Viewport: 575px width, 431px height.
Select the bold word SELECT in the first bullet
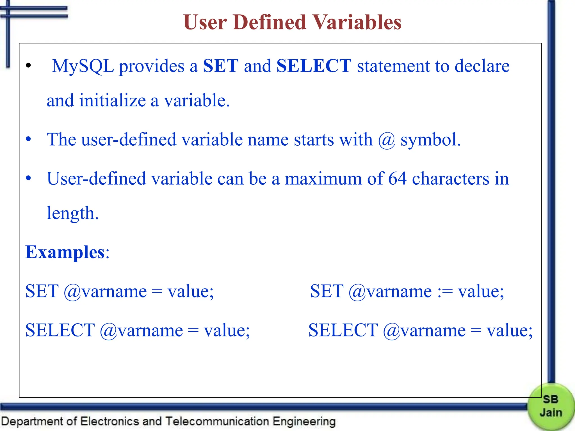pyautogui.click(x=314, y=66)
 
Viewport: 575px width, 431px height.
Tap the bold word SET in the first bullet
pyautogui.click(x=221, y=66)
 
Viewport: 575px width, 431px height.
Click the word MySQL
pyautogui.click(x=83, y=67)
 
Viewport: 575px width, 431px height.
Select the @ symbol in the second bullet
pyautogui.click(x=387, y=140)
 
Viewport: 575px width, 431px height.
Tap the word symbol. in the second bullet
pyautogui.click(x=430, y=140)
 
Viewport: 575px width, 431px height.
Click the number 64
pyautogui.click(x=397, y=178)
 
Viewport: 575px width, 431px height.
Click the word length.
pyautogui.click(x=72, y=213)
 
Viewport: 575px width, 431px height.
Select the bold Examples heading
pyautogui.click(x=65, y=252)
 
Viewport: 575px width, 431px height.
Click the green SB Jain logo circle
pyautogui.click(x=551, y=406)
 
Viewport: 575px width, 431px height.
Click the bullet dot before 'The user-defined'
pyautogui.click(x=28, y=139)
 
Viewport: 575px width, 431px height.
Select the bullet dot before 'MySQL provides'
pyautogui.click(x=28, y=66)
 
